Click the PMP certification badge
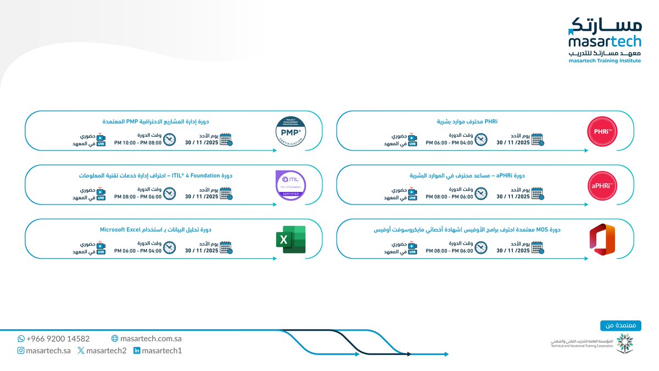click(291, 132)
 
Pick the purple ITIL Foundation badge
click(291, 186)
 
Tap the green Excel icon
click(291, 240)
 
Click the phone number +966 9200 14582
click(58, 339)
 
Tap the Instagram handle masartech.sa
click(48, 351)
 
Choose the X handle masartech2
click(106, 351)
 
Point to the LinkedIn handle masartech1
click(161, 351)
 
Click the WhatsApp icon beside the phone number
click(21, 339)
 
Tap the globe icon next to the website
click(115, 339)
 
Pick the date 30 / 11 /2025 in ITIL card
click(202, 196)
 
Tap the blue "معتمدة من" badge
click(621, 325)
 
